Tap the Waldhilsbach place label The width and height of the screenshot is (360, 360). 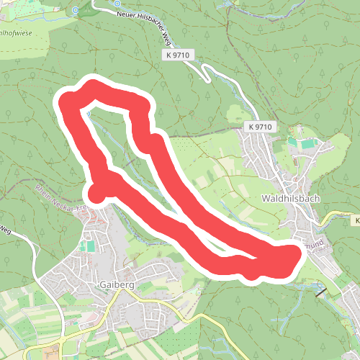291,198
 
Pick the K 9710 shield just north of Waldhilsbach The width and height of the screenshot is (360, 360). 260,127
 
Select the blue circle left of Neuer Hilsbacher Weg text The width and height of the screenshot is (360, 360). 117,3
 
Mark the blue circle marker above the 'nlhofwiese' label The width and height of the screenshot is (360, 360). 76,11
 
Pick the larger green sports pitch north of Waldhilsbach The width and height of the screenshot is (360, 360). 308,143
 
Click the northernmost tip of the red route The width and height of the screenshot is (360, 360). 93,85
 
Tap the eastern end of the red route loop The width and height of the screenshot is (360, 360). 294,256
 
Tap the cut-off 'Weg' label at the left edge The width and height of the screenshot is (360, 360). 4,230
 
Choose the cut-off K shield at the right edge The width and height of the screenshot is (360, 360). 356,220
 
